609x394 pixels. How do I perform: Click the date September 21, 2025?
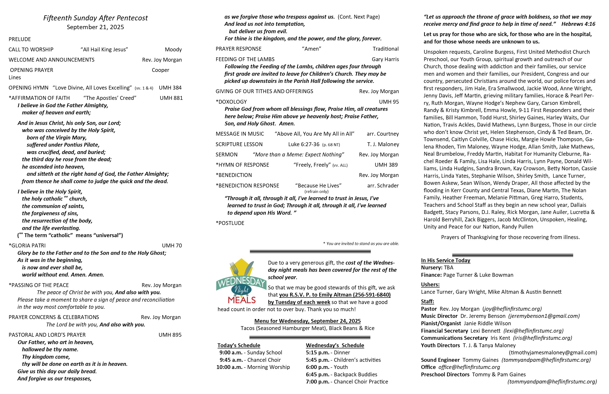(95, 27)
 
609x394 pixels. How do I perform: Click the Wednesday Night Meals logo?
(241, 282)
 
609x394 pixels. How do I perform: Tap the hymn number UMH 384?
(170, 88)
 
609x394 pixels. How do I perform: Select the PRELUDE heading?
(20, 39)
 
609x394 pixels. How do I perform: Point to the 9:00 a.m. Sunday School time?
(230, 352)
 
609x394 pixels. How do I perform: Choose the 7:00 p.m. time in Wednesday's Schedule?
(317, 382)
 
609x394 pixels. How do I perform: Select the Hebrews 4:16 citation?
(578, 24)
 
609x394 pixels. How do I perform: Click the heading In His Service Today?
(445, 261)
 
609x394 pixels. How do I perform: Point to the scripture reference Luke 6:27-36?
(304, 144)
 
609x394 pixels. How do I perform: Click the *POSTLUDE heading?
(230, 223)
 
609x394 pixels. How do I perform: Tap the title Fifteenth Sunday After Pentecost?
(96, 18)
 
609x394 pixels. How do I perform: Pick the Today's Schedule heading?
(239, 345)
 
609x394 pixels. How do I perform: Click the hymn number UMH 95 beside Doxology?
(389, 102)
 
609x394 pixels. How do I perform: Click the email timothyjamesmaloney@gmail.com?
(553, 352)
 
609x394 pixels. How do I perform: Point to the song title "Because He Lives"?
(318, 186)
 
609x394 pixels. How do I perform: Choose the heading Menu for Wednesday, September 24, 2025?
(307, 321)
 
